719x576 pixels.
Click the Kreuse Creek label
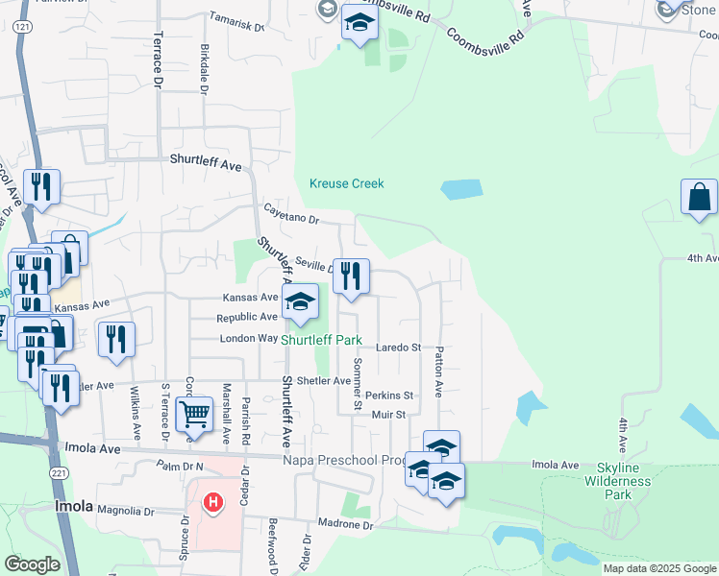point(346,183)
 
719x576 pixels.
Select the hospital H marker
point(213,501)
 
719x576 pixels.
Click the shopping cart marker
point(194,415)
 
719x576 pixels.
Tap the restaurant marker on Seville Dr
point(350,276)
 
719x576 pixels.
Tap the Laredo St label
point(398,347)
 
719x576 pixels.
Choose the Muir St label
point(388,415)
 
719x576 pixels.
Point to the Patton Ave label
point(438,372)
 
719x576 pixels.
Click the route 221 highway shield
point(60,473)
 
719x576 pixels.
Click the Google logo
point(33,564)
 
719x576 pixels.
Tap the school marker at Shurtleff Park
point(300,302)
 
